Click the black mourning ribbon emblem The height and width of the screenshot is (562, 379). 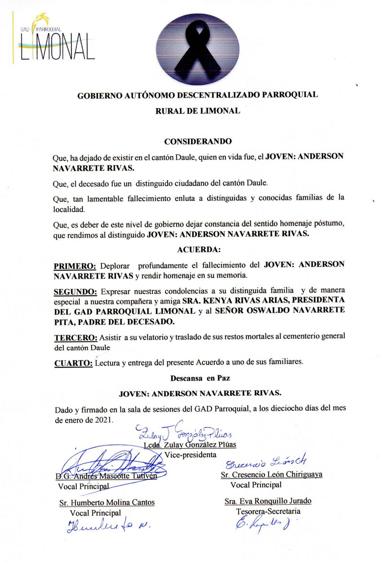point(197,49)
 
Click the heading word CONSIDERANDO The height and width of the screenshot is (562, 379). point(198,141)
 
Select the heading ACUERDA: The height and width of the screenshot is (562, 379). point(198,249)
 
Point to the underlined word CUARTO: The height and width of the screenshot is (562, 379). point(73,363)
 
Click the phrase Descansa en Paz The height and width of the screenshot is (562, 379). point(197,378)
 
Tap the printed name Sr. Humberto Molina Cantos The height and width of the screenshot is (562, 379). point(107,503)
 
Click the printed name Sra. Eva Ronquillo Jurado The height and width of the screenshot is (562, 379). point(268,501)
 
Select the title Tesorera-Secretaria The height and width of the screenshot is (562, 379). point(268,511)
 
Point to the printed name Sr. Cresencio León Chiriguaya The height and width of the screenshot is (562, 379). point(271,474)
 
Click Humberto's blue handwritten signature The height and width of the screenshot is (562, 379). point(108,525)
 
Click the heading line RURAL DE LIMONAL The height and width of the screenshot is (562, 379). point(197,111)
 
